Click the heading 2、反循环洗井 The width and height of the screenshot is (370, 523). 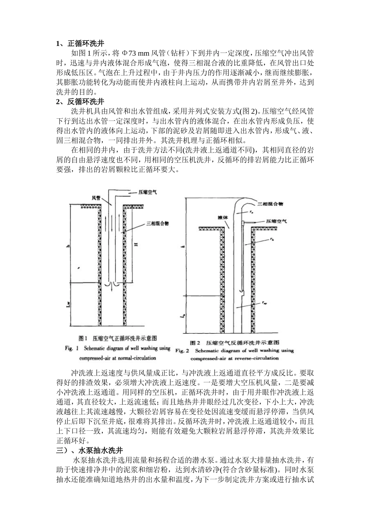[80, 102]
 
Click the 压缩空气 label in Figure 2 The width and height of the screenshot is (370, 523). [277, 221]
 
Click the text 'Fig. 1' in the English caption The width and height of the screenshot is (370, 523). [72, 348]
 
